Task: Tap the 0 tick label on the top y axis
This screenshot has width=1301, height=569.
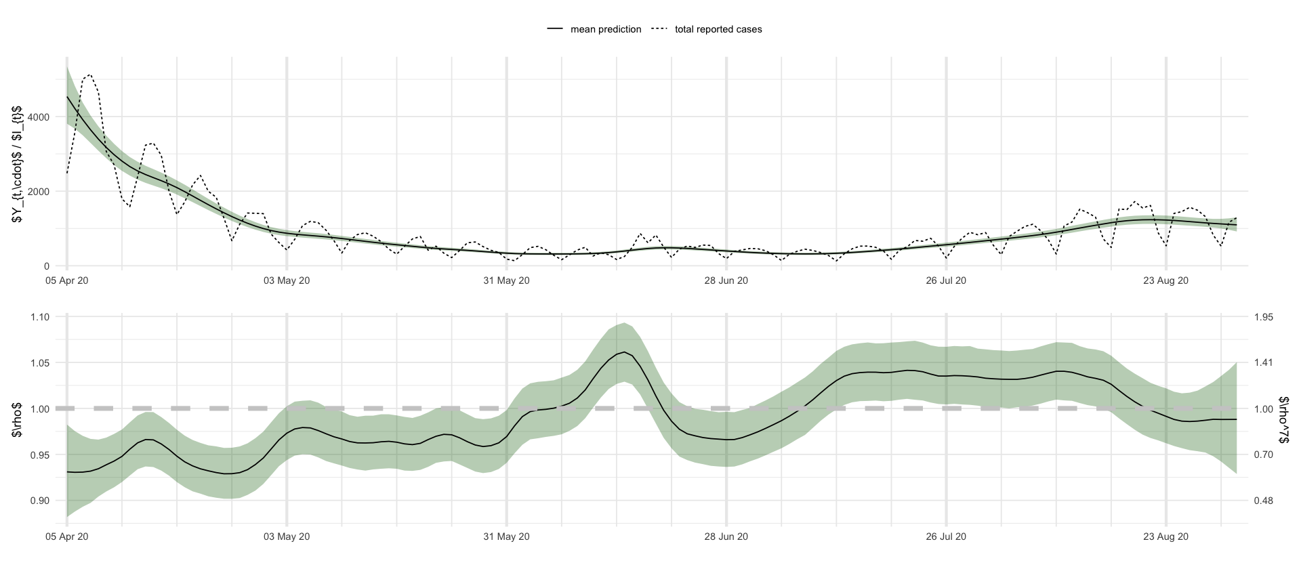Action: pyautogui.click(x=47, y=266)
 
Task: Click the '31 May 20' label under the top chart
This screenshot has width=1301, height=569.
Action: pyautogui.click(x=506, y=280)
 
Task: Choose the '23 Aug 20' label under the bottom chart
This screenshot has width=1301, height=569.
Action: pyautogui.click(x=1165, y=536)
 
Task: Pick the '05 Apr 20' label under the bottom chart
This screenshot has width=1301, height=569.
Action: pyautogui.click(x=66, y=536)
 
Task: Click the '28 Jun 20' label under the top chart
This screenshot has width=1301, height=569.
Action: pyautogui.click(x=726, y=280)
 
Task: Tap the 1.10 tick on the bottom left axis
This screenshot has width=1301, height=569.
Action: pyautogui.click(x=39, y=317)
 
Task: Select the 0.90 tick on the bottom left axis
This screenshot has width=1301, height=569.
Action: pyautogui.click(x=39, y=501)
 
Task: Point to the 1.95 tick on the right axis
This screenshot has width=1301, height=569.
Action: pyautogui.click(x=1264, y=317)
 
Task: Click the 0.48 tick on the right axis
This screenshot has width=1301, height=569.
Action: pyautogui.click(x=1264, y=501)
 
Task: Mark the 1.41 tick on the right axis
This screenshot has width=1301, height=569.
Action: pyautogui.click(x=1264, y=363)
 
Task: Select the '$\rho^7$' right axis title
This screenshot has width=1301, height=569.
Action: pyautogui.click(x=1284, y=420)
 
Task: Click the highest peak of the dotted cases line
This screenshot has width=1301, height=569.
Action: pyautogui.click(x=89, y=75)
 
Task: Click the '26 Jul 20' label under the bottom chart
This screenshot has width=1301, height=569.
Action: pyautogui.click(x=946, y=536)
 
